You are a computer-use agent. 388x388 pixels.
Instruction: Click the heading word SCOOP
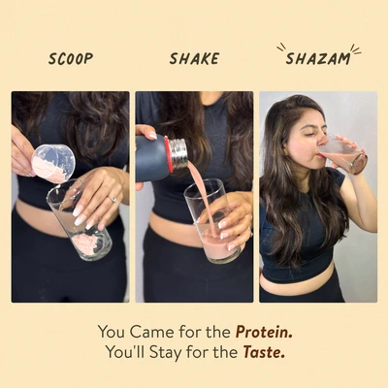(x=71, y=59)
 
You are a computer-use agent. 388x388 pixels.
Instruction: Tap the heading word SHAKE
(x=194, y=59)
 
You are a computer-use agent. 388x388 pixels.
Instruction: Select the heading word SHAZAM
(x=318, y=59)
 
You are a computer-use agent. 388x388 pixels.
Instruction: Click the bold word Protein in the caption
(x=264, y=332)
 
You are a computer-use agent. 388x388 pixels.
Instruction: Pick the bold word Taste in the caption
(x=264, y=352)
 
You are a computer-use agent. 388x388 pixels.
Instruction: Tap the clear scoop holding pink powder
(x=53, y=164)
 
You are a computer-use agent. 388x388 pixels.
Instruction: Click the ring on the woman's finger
(x=113, y=199)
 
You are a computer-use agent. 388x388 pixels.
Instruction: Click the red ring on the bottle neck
(x=168, y=154)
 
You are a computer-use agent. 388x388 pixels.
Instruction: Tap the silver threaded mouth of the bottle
(x=179, y=153)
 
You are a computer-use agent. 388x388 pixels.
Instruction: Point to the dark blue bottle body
(x=151, y=158)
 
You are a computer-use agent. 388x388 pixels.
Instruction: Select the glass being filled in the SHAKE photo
(x=213, y=220)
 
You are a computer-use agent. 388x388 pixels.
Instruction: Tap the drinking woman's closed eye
(x=306, y=135)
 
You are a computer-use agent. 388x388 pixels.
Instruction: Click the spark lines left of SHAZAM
(x=281, y=48)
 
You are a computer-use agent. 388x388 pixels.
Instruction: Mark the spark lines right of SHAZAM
(x=356, y=49)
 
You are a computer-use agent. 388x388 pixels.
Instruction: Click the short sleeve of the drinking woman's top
(x=338, y=179)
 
